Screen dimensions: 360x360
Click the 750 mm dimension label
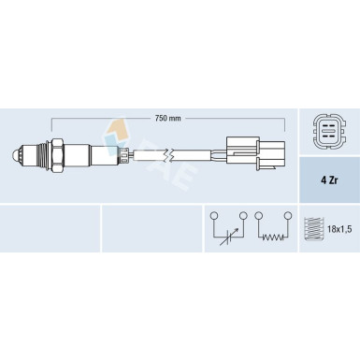tap(167, 118)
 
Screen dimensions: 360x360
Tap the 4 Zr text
tap(329, 180)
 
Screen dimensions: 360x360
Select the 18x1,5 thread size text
tap(339, 230)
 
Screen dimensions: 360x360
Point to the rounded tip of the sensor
tap(14, 154)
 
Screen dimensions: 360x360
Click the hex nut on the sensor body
tap(58, 155)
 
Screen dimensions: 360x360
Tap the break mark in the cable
tap(169, 155)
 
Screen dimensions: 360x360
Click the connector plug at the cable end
tap(256, 153)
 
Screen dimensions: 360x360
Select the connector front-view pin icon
tap(329, 131)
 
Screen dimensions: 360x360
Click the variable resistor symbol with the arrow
tap(228, 236)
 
